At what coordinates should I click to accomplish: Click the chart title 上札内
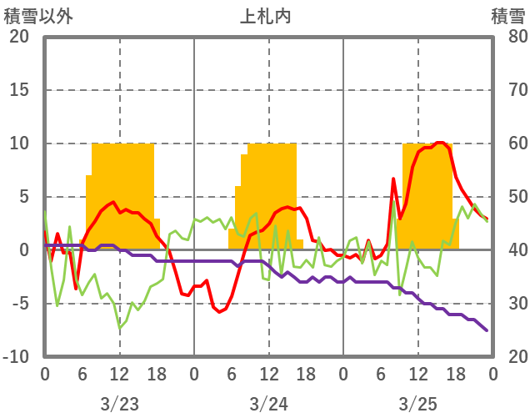(x=266, y=16)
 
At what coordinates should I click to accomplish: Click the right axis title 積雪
(x=507, y=16)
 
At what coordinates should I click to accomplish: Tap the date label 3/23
(x=119, y=404)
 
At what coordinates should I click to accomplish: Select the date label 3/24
(x=268, y=404)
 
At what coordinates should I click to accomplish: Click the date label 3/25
(x=417, y=404)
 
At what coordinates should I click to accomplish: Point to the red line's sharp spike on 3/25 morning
(x=393, y=179)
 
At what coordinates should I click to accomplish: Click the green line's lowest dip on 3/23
(x=120, y=328)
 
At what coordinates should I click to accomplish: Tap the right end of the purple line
(x=487, y=330)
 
